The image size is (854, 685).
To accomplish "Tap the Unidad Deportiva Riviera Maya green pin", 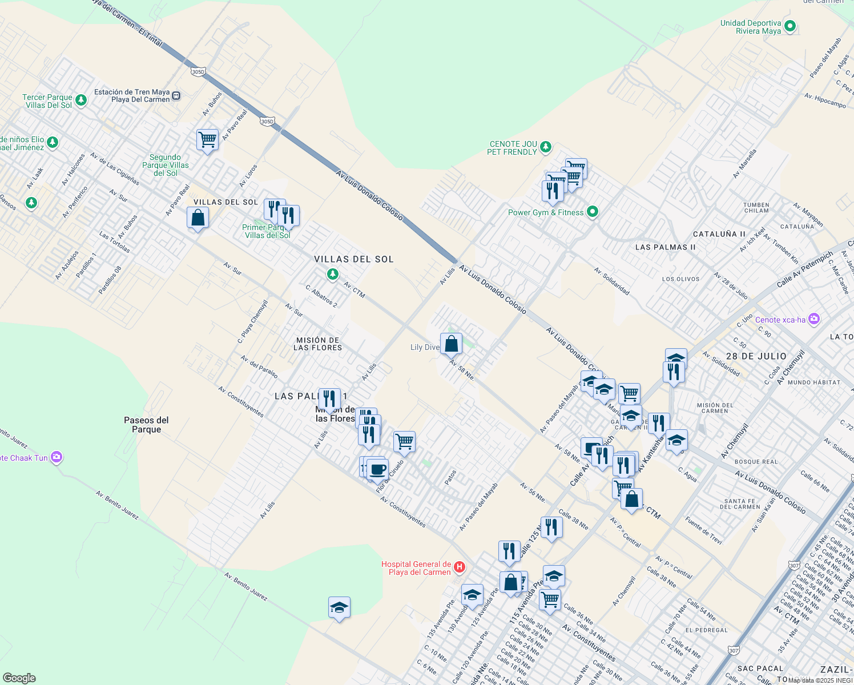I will click(x=790, y=26).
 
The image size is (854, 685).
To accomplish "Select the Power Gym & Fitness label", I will click(x=546, y=212).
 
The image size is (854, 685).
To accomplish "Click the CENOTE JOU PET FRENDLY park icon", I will click(x=545, y=147).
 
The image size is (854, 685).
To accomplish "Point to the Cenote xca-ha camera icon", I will click(x=814, y=319).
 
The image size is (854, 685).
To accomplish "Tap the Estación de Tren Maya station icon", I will click(x=176, y=96).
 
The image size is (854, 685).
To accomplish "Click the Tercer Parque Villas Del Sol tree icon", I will click(x=81, y=100).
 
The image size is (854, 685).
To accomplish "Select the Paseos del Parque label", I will click(x=146, y=425).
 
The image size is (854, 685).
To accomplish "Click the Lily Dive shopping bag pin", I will click(x=451, y=344).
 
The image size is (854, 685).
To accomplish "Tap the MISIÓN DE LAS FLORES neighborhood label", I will click(x=318, y=344).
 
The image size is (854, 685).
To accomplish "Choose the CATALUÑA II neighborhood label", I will click(x=719, y=234).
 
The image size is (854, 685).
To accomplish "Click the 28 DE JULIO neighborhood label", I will click(x=756, y=356).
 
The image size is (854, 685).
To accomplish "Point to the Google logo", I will click(x=19, y=678).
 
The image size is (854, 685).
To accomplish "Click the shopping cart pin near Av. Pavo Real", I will click(x=207, y=139).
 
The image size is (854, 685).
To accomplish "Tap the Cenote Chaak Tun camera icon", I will click(x=56, y=457).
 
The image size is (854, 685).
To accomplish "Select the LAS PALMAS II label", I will click(x=665, y=247).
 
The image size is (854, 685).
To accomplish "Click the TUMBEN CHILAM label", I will click(x=756, y=208).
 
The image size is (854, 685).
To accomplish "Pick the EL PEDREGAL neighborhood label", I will click(x=706, y=630).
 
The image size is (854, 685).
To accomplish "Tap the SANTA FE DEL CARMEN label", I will click(x=740, y=503).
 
